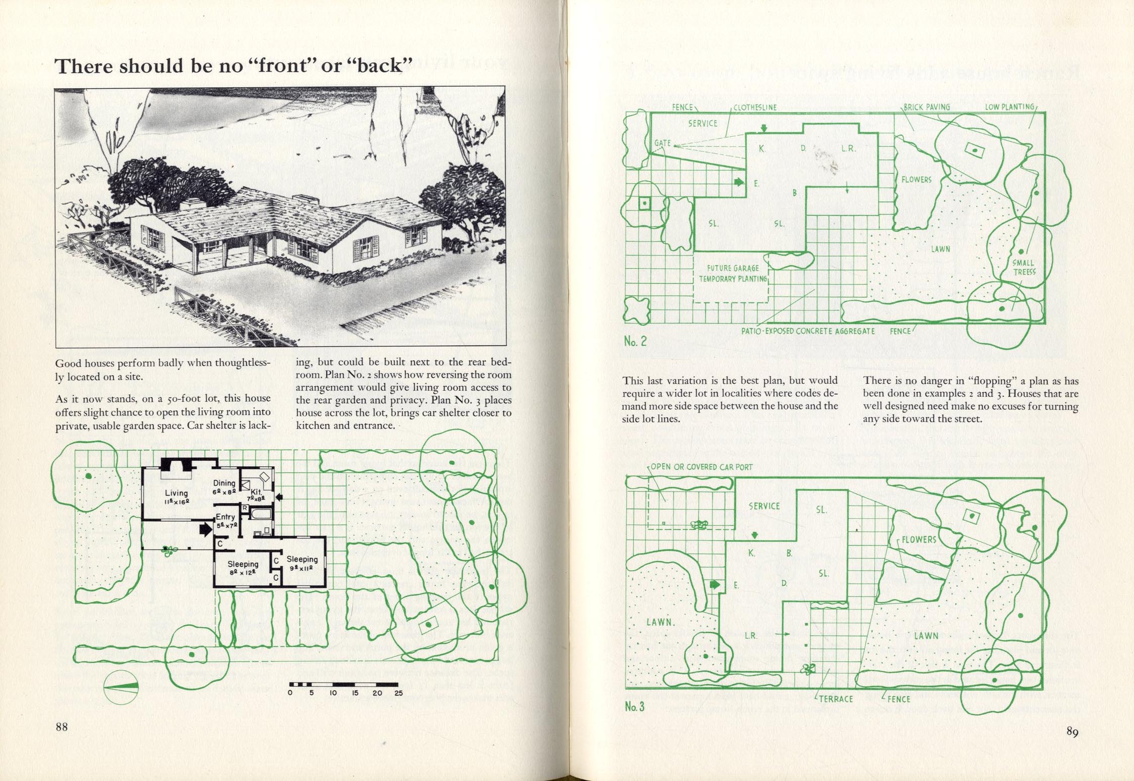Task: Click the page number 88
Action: pyautogui.click(x=62, y=727)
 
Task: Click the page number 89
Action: pyautogui.click(x=1072, y=732)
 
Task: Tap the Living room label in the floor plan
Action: pyautogui.click(x=176, y=493)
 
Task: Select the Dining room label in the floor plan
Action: pyautogui.click(x=224, y=483)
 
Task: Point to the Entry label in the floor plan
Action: pyautogui.click(x=225, y=517)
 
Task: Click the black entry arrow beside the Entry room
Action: pyautogui.click(x=206, y=529)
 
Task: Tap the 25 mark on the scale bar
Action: pyautogui.click(x=398, y=693)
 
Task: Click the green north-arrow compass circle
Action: pyautogui.click(x=121, y=687)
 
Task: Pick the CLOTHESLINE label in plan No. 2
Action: pyautogui.click(x=755, y=107)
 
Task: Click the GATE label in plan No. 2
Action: pyautogui.click(x=663, y=143)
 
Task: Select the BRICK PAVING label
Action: pyautogui.click(x=927, y=107)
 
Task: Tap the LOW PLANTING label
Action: pyautogui.click(x=1009, y=107)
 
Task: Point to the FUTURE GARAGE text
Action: pyautogui.click(x=733, y=268)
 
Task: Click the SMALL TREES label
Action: pyautogui.click(x=1024, y=267)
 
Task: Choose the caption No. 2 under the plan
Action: pyautogui.click(x=635, y=341)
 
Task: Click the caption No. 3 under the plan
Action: pyautogui.click(x=635, y=706)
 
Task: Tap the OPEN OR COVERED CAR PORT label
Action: pyautogui.click(x=701, y=467)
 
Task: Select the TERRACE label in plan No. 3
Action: pyautogui.click(x=835, y=699)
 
